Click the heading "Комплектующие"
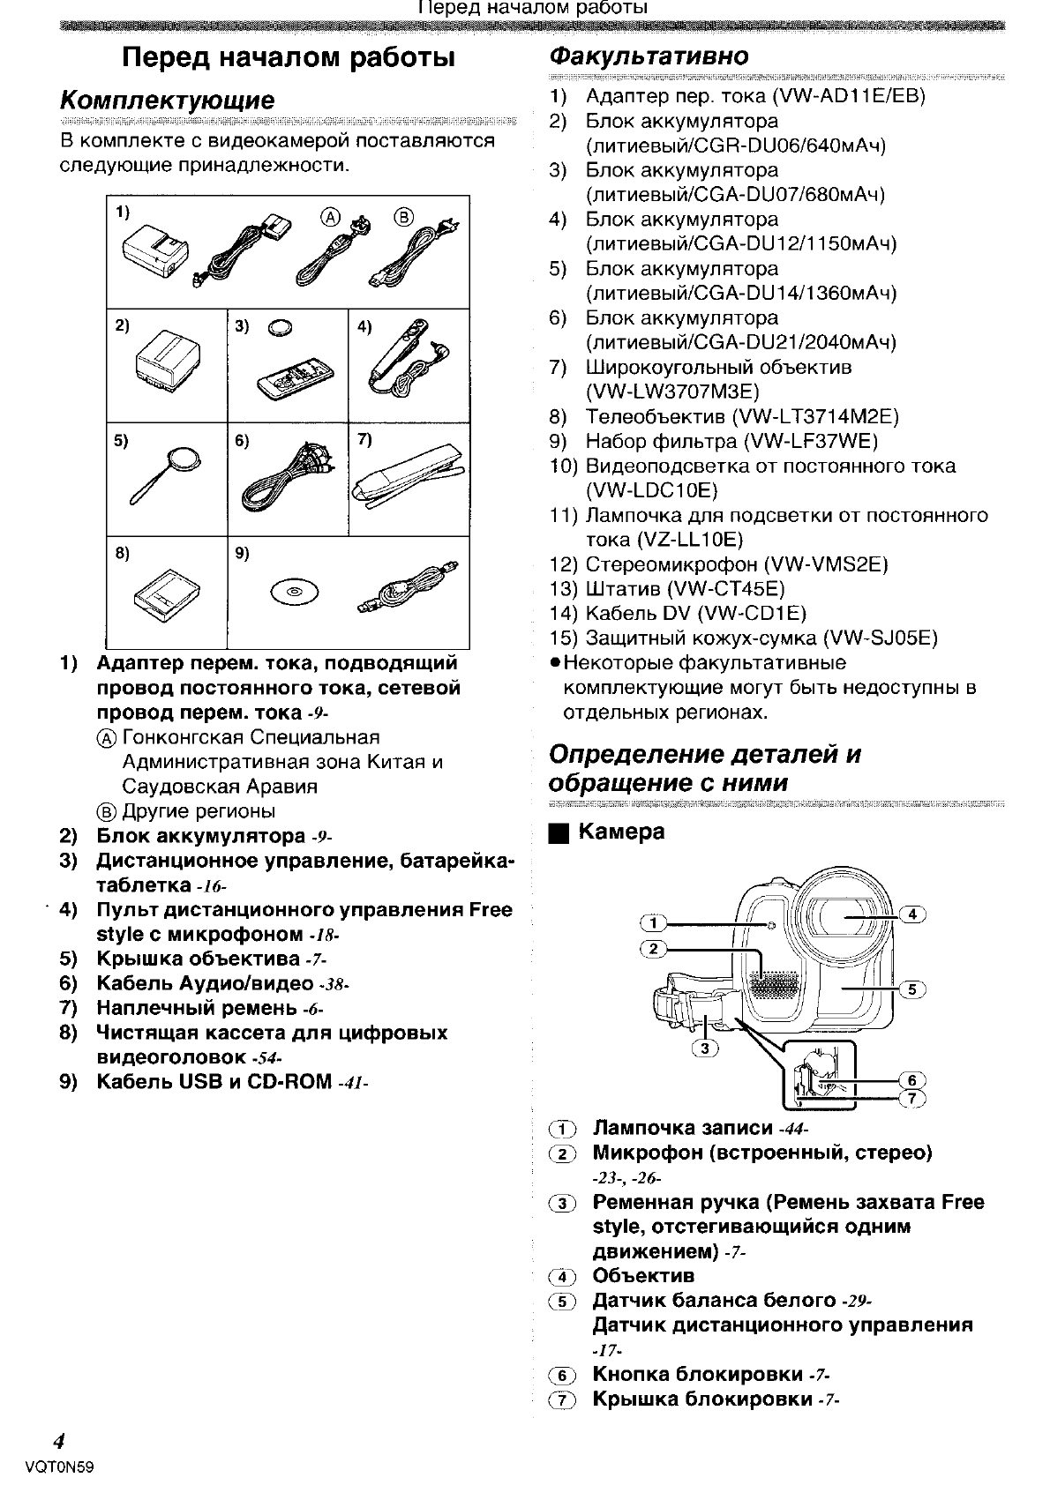(x=167, y=100)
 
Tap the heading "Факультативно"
(x=648, y=56)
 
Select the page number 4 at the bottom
(x=58, y=1442)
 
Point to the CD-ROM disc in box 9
(x=294, y=591)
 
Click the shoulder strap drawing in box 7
(x=408, y=481)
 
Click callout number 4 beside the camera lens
(x=911, y=914)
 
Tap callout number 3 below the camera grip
(x=705, y=1048)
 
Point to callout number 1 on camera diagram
(x=653, y=923)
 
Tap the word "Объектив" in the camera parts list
(x=643, y=1276)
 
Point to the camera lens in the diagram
(x=843, y=915)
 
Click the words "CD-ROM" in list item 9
(x=289, y=1082)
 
